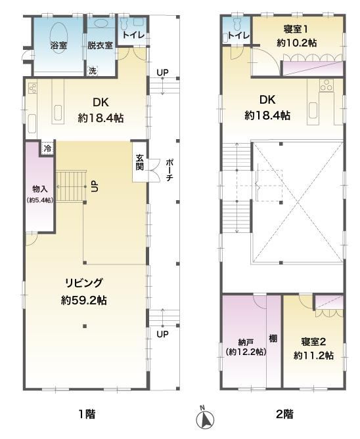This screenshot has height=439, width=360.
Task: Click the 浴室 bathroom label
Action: coord(58,45)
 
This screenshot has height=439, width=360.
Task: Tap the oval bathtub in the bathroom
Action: coord(58,35)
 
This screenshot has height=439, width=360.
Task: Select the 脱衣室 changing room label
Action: coord(100,45)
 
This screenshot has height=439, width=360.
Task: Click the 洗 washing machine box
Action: coord(92,71)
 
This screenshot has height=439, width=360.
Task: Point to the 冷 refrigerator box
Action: coord(48,148)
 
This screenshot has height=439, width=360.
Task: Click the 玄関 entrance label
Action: coord(140,162)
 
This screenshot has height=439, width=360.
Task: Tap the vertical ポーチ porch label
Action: coord(169,170)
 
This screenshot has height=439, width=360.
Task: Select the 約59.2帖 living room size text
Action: coord(84,301)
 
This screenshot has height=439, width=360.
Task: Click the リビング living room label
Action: coord(84,283)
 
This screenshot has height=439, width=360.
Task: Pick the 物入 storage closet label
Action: coord(40,189)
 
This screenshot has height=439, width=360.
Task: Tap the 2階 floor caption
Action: coord(285,414)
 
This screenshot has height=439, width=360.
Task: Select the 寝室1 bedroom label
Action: coord(296,29)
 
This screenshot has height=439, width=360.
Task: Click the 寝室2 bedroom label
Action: coord(313,342)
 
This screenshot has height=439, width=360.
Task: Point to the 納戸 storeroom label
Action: coord(246,342)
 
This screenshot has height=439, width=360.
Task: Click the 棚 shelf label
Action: coord(273,339)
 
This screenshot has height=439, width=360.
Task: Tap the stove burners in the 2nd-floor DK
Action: coord(326,85)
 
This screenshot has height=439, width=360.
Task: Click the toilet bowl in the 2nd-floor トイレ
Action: coord(238,23)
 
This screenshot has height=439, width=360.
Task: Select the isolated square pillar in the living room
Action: coord(85,326)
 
